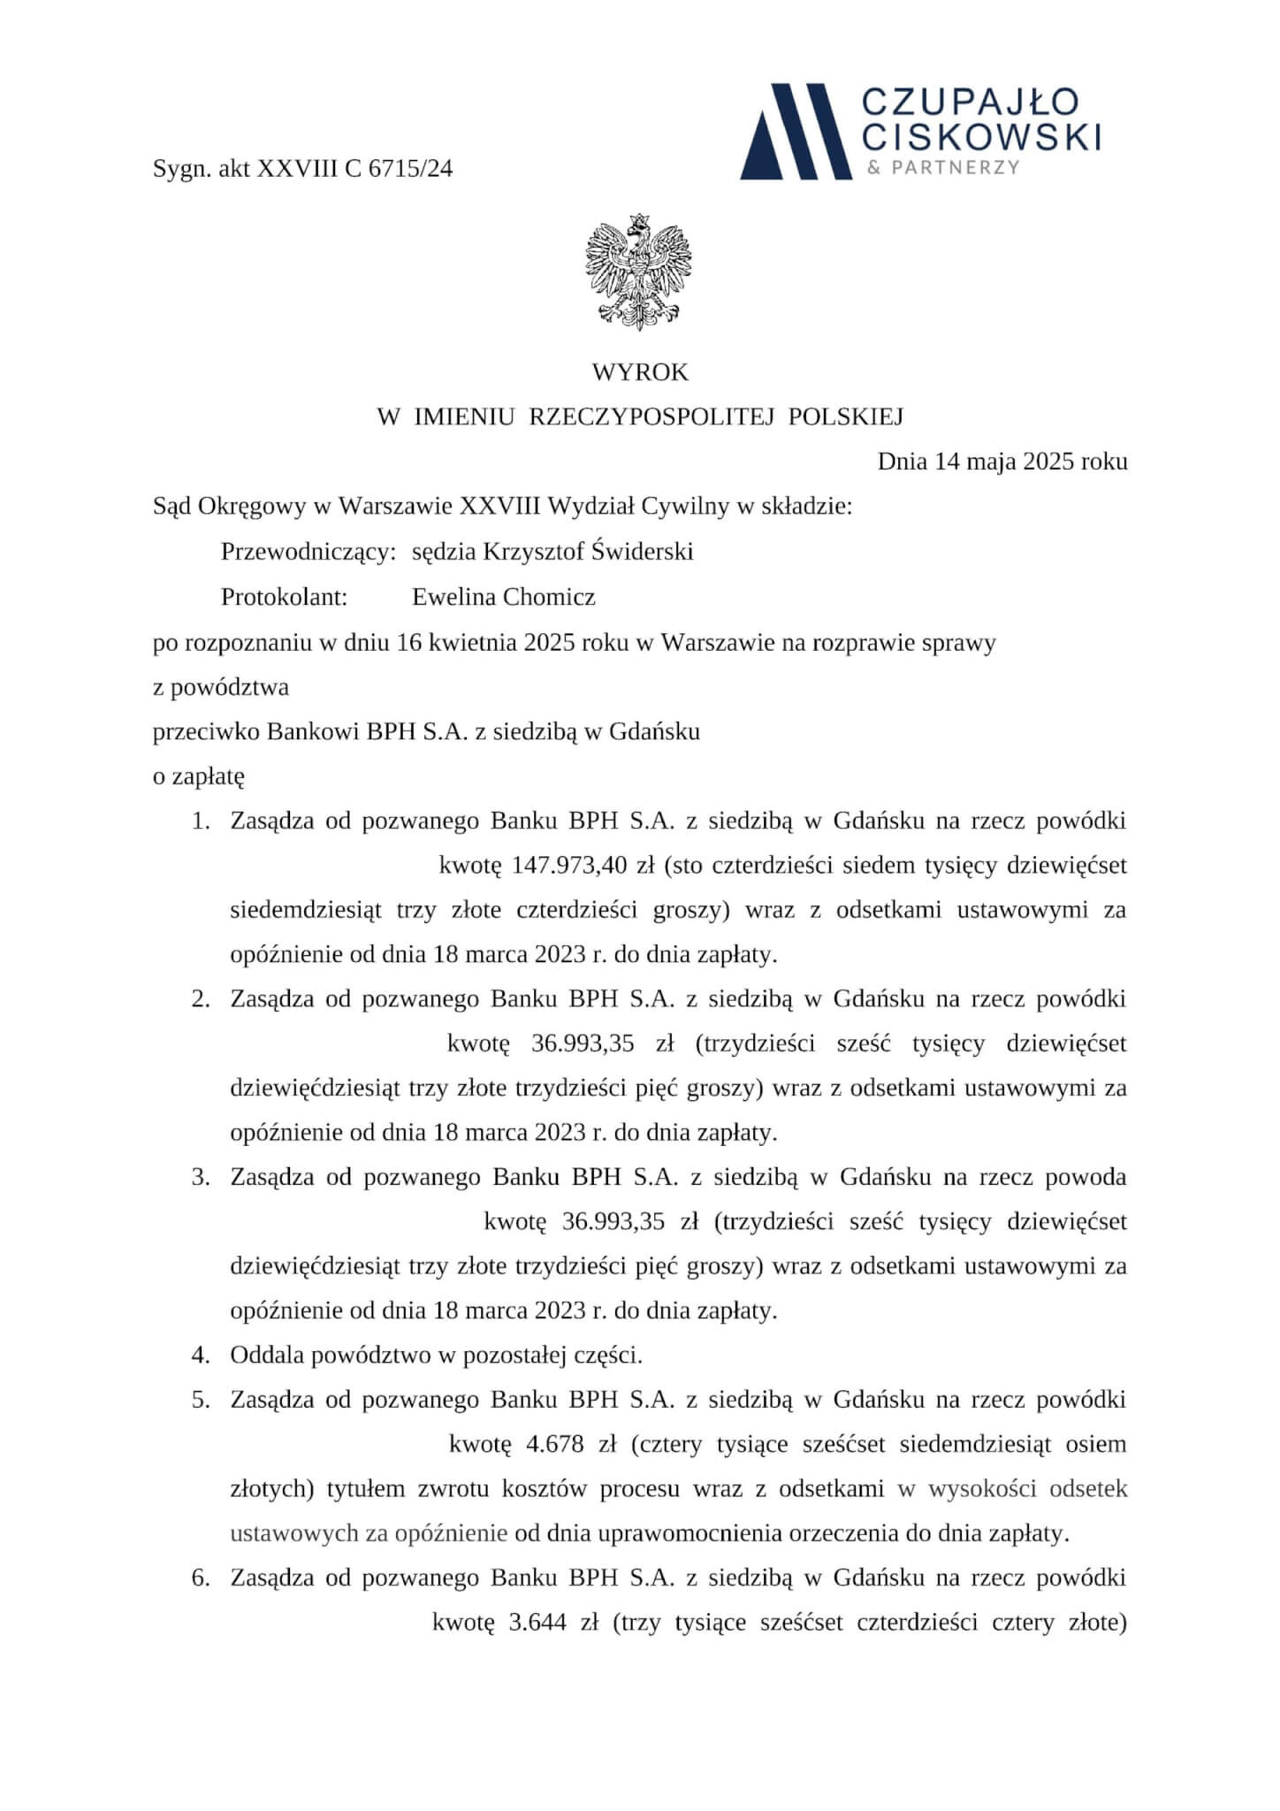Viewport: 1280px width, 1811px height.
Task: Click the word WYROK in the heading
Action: (x=639, y=372)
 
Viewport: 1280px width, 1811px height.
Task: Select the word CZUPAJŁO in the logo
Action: (x=970, y=103)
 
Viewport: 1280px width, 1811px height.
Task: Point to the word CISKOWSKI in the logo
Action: (x=981, y=137)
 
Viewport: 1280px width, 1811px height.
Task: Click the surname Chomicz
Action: (x=549, y=597)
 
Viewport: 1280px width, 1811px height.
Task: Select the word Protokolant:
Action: (x=284, y=597)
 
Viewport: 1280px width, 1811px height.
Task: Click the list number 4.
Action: (x=200, y=1355)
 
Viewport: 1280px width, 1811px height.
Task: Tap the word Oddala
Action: (x=263, y=1355)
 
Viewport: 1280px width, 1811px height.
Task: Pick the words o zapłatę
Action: (x=199, y=776)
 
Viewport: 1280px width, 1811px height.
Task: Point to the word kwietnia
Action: (x=470, y=642)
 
